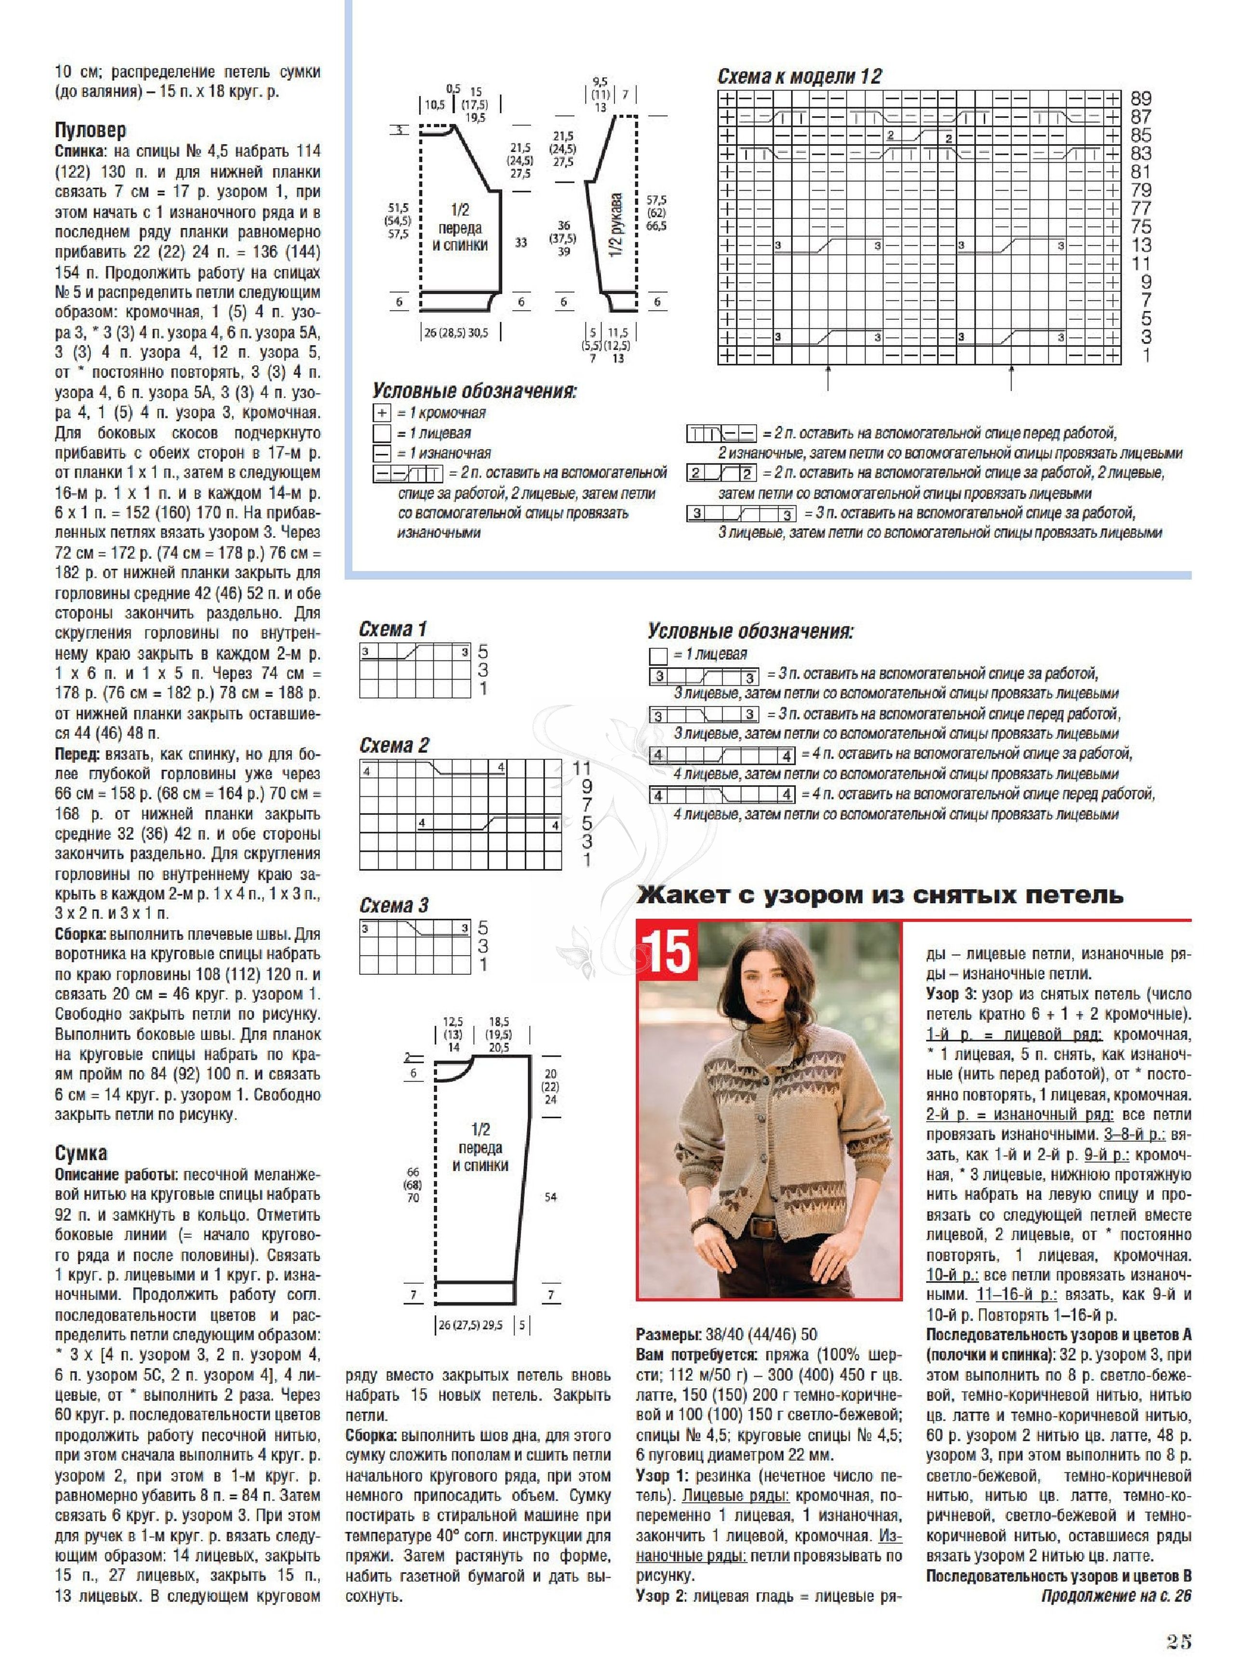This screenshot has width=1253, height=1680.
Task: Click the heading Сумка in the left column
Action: (x=80, y=1153)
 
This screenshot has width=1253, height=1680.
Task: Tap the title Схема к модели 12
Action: (x=800, y=77)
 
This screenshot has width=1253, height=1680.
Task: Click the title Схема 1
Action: (x=393, y=629)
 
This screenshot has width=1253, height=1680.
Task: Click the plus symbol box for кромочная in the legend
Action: (x=382, y=413)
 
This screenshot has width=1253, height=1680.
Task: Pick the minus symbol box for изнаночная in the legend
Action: (x=382, y=453)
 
